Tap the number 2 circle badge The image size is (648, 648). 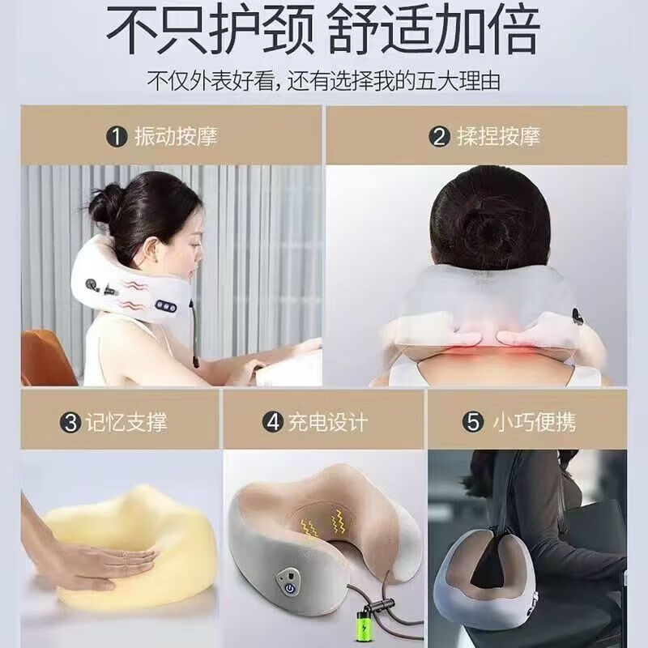point(441,135)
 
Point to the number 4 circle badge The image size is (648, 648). point(273,421)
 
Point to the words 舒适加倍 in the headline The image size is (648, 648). point(433,31)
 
